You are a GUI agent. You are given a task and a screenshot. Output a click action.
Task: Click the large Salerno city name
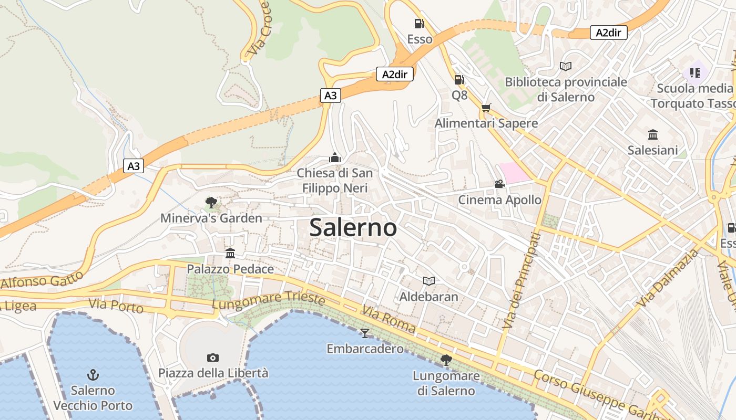pos(353,228)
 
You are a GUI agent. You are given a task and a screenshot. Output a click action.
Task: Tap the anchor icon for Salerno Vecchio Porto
pos(93,375)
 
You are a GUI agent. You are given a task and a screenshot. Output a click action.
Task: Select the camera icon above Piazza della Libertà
pos(213,358)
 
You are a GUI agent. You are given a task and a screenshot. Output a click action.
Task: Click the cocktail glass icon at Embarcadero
pos(364,333)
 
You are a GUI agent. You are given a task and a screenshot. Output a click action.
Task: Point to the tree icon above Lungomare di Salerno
pos(446,360)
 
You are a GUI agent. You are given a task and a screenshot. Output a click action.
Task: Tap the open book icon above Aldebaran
pos(429,281)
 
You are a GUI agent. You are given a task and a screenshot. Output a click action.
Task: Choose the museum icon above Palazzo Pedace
pos(230,254)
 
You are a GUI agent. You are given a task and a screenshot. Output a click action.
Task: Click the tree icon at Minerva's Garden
pos(211,203)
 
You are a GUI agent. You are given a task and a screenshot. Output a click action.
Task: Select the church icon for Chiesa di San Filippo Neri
pos(335,157)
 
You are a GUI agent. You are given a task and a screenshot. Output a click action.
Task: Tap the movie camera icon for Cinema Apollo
pos(499,184)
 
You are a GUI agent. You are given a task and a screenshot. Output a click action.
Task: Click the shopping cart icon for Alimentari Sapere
pos(486,108)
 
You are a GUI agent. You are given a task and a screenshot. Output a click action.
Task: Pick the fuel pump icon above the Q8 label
pos(459,80)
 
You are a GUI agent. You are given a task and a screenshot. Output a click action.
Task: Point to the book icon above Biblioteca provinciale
pos(566,67)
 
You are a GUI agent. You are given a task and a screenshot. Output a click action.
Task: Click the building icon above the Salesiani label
pos(653,134)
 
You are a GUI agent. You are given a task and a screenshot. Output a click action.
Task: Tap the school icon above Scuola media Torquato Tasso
pos(695,72)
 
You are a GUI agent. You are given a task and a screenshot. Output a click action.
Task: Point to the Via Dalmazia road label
pos(668,278)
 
